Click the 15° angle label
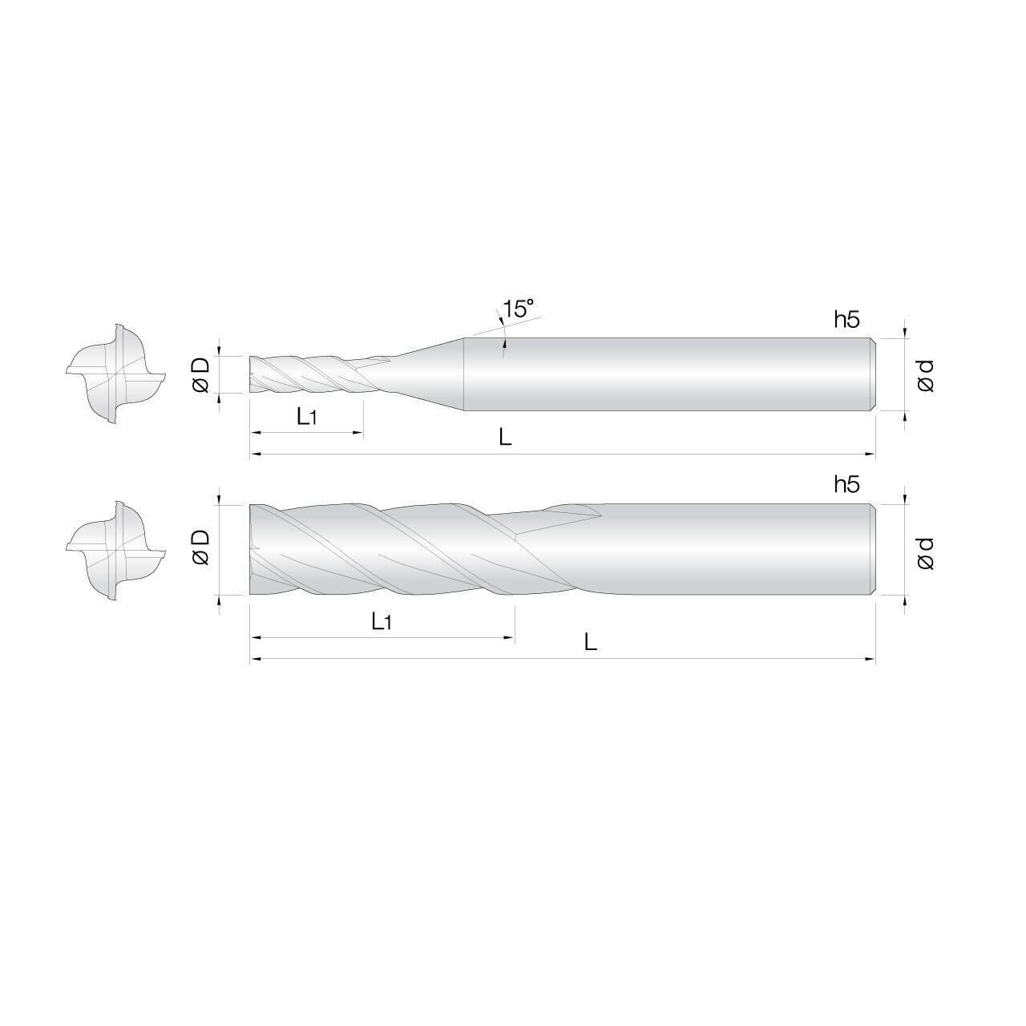pos(518,309)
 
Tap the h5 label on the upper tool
pos(846,320)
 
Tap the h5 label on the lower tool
pos(846,484)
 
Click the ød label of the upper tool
pos(925,375)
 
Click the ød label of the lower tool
pos(925,552)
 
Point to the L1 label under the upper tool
pos(309,416)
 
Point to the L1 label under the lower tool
pos(382,620)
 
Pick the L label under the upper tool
pos(505,438)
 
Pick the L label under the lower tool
pos(590,642)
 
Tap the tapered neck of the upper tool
pos(425,374)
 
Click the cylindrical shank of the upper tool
pos(665,374)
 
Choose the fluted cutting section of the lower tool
pos(381,550)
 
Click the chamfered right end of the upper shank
pos(872,374)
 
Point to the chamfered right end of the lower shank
pos(872,550)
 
